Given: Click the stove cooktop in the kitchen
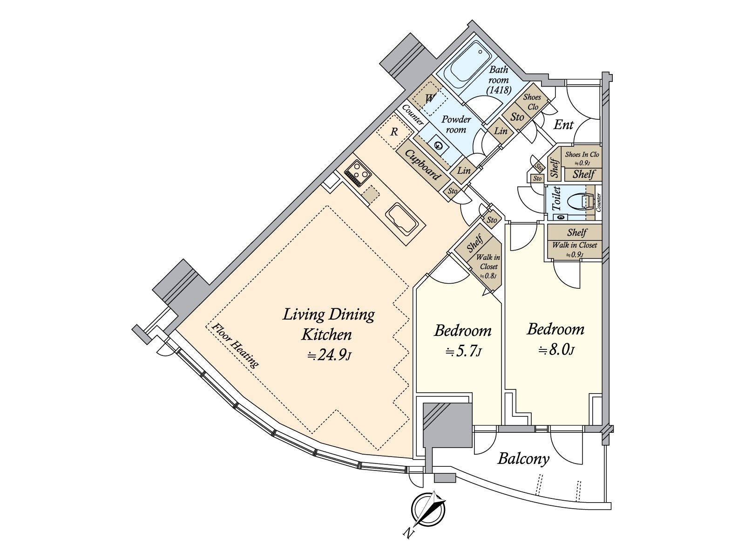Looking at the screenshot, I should tap(358, 173).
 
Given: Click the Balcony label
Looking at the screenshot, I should tap(523, 459).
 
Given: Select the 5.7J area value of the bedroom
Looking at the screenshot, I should tap(463, 351).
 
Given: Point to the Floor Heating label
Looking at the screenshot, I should tap(235, 345).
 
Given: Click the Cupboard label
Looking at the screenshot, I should tap(422, 164).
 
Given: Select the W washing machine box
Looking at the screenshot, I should tap(430, 98).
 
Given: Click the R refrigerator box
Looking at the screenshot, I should tap(393, 132).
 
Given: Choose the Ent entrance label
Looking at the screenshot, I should tap(563, 125).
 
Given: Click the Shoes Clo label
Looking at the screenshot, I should tap(532, 102).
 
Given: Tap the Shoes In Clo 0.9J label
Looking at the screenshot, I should tap(582, 158).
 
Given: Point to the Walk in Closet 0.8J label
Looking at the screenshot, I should tap(488, 266).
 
